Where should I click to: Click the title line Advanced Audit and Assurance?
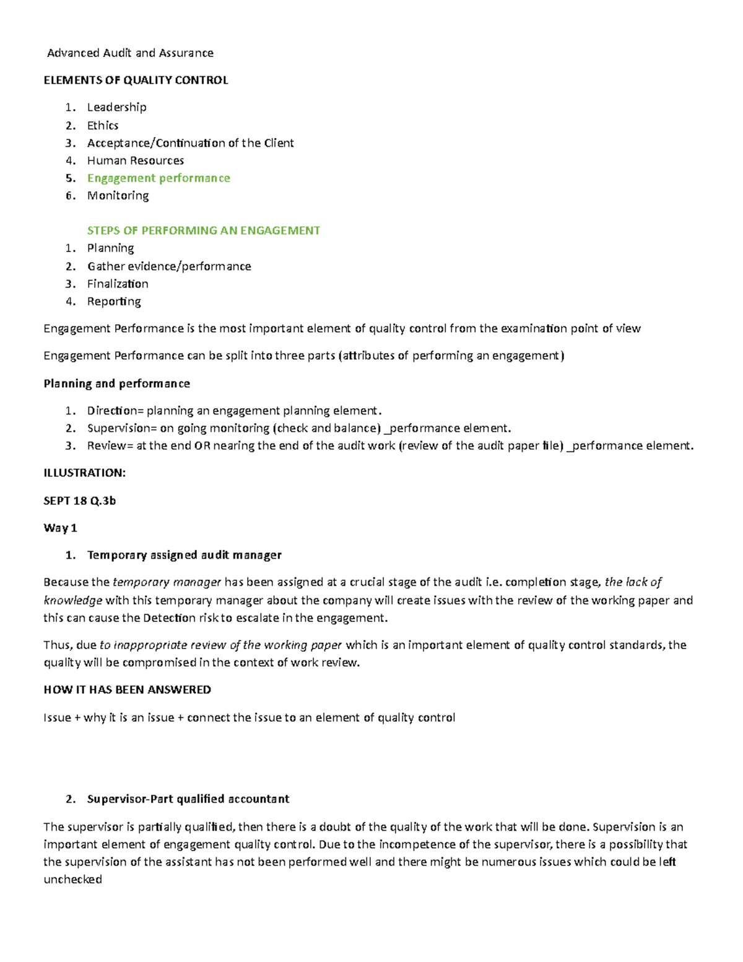[131, 53]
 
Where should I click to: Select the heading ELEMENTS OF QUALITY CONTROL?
[136, 81]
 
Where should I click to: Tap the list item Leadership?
[116, 107]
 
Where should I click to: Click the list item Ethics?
[103, 126]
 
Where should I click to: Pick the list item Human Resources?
[136, 161]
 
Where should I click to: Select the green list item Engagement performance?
[159, 178]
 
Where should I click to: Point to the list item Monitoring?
[118, 196]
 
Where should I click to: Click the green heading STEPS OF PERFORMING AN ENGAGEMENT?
[203, 231]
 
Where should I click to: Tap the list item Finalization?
[118, 284]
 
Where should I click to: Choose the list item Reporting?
[114, 302]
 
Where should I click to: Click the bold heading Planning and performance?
[116, 384]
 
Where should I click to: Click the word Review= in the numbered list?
[110, 446]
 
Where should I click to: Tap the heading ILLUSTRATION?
[84, 473]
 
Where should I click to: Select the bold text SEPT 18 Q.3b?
[79, 501]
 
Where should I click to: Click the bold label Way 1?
[60, 528]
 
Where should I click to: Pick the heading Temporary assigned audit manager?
[184, 556]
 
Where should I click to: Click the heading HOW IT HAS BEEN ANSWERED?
[127, 690]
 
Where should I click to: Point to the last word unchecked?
[72, 880]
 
